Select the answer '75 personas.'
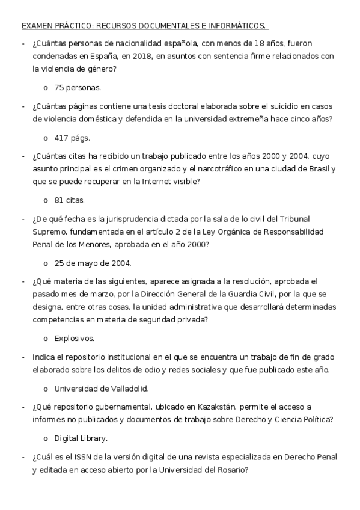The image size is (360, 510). click(78, 88)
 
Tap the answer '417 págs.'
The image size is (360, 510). click(72, 138)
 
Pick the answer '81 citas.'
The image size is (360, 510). click(69, 200)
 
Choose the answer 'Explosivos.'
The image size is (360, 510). click(75, 338)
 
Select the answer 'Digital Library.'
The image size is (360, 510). click(81, 438)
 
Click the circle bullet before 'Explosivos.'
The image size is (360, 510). click(46, 338)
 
